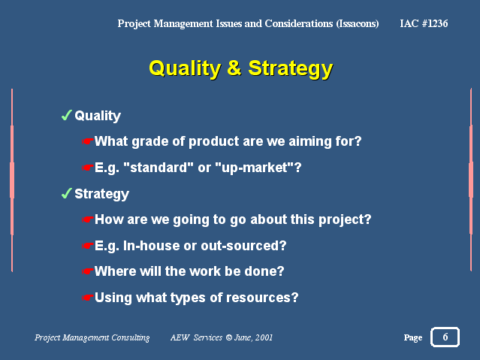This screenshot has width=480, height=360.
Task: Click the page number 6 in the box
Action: tap(445, 337)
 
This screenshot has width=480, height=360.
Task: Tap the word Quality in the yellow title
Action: tap(185, 69)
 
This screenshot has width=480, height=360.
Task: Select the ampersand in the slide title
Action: tap(234, 68)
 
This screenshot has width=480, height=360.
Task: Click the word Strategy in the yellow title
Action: tap(290, 69)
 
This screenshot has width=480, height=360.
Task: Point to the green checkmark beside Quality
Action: tap(66, 115)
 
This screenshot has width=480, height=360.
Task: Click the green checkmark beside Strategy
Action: tap(66, 193)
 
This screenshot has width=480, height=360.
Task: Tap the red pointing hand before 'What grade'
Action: tap(88, 141)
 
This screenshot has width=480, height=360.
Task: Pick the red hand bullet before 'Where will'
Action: tap(88, 271)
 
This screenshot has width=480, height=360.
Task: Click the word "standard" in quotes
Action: tap(158, 168)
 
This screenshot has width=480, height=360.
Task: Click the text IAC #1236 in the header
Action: tap(424, 23)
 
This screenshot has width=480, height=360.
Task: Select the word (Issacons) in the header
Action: tap(358, 23)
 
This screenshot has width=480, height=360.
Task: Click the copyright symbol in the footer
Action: tap(228, 337)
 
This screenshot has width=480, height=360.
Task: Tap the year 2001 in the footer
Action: tap(264, 337)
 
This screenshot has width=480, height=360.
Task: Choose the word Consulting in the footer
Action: tap(131, 337)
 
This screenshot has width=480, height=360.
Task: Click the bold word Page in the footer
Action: tap(413, 337)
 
